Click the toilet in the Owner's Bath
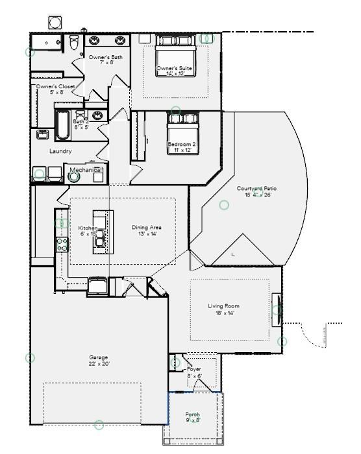tap(74, 43)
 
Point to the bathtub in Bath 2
tap(62, 125)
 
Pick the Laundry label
tap(60, 151)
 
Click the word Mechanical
tap(86, 170)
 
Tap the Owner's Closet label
tap(55, 86)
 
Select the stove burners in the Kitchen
tap(63, 244)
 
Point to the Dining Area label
tap(147, 228)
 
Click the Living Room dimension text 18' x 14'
tap(221, 313)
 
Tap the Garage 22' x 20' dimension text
tap(99, 364)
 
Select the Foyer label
tap(193, 369)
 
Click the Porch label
tap(193, 414)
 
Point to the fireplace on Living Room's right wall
tap(277, 309)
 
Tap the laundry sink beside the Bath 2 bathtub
tap(43, 134)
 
